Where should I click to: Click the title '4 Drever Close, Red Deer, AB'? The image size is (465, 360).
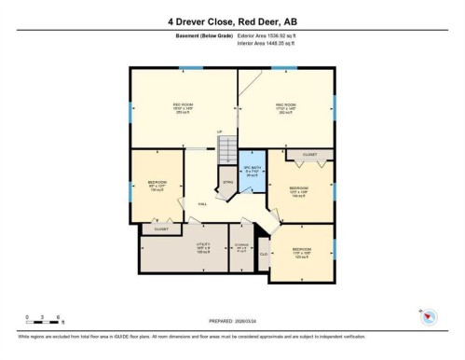232,21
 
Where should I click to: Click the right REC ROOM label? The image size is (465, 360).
284,107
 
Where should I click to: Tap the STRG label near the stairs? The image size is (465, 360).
227,183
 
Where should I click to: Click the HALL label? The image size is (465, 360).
203,203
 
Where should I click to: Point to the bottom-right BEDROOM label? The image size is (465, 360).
302,251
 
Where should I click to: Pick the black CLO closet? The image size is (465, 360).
264,254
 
